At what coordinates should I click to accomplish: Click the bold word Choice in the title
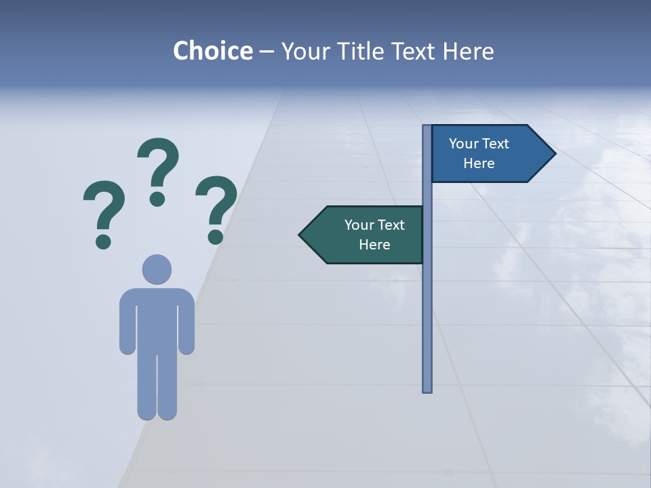tap(213, 51)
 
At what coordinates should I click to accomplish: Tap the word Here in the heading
tap(468, 51)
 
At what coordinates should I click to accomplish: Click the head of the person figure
tap(157, 269)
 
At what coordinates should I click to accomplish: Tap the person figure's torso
tap(157, 319)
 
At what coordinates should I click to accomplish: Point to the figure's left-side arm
tap(127, 322)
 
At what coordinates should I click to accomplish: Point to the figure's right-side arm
tap(186, 322)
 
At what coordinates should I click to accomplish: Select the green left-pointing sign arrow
tap(366, 235)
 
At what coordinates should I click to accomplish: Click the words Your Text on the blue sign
tap(479, 144)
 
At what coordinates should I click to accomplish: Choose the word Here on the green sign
tap(374, 245)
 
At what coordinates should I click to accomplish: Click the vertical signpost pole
tap(427, 305)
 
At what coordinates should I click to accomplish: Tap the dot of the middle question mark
tap(157, 199)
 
